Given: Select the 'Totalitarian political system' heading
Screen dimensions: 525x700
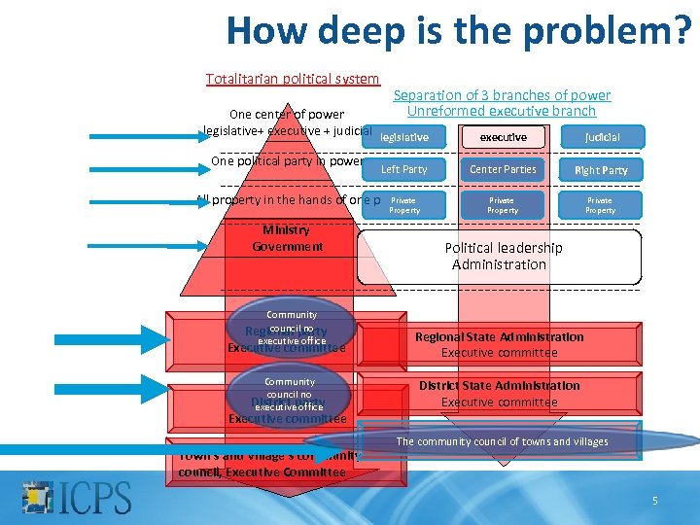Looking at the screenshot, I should point(293,79).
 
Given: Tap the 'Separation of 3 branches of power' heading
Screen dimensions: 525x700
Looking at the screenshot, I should point(502,95).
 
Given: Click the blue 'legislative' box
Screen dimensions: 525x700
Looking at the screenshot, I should point(404,137).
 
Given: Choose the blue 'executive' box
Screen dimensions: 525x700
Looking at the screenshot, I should point(503,137).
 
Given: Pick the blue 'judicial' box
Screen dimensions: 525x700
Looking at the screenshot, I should point(601,137).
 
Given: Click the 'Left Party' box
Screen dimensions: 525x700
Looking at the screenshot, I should point(404,169).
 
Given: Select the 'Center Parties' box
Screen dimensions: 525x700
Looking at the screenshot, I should point(503,169).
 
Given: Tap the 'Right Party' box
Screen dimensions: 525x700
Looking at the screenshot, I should point(601,169).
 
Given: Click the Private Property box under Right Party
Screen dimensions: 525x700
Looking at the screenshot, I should point(601,205).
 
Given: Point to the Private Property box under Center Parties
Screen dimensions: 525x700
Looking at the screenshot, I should point(503,205).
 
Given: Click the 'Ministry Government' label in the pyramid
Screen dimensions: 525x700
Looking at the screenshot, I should point(287,238).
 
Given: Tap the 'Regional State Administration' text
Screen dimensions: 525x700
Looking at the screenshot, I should point(500,337).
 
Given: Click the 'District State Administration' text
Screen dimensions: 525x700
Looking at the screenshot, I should point(500,386).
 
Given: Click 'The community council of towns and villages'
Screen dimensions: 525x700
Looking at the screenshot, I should point(502,442).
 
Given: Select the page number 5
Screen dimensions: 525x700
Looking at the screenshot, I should point(654,501).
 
